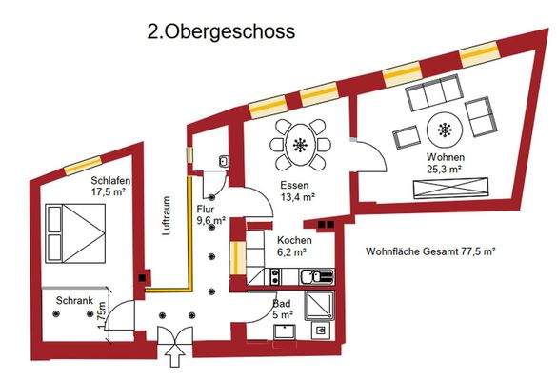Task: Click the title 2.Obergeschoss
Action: click(x=221, y=30)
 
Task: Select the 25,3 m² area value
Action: click(x=445, y=169)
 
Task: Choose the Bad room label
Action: click(x=281, y=302)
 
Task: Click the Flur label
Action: click(x=208, y=208)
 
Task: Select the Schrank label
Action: click(x=73, y=302)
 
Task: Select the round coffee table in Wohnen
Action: click(x=445, y=127)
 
